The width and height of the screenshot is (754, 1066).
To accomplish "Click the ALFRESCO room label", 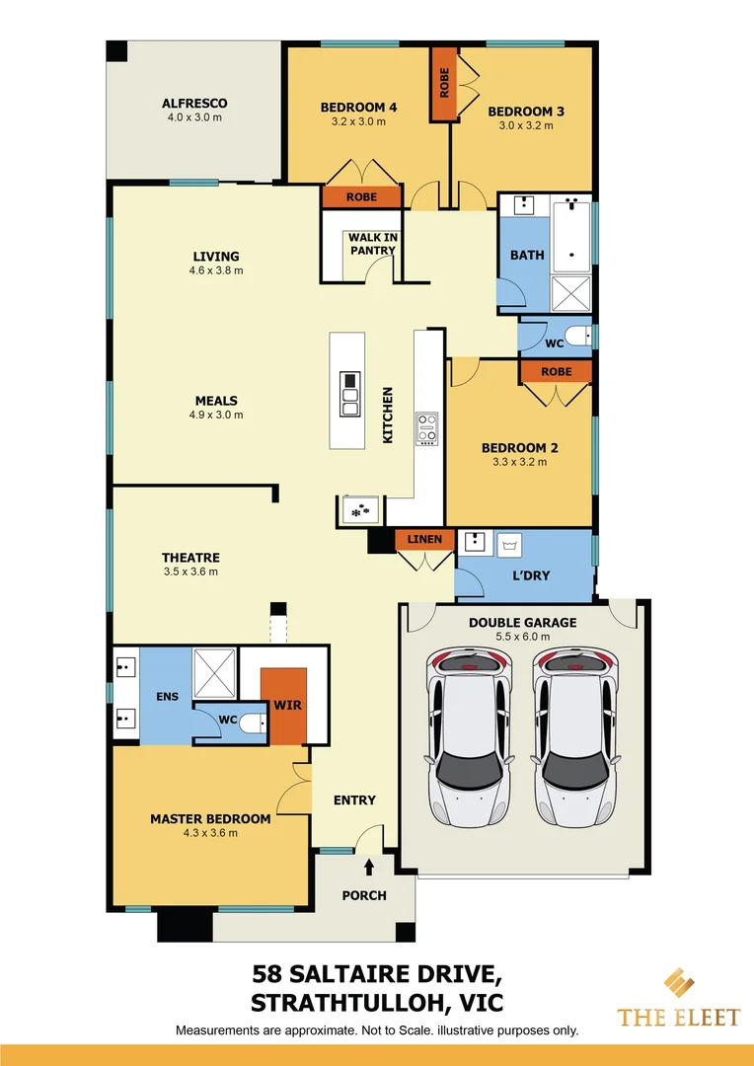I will pyautogui.click(x=194, y=103).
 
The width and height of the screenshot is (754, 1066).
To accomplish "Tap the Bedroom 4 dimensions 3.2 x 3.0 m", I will pyautogui.click(x=358, y=122).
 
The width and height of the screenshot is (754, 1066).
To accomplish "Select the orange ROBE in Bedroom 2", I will pyautogui.click(x=556, y=372).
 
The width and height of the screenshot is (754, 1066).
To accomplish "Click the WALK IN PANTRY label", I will pyautogui.click(x=371, y=244).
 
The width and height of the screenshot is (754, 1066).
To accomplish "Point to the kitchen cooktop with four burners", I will pyautogui.click(x=427, y=427).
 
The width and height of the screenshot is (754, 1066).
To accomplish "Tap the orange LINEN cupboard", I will pyautogui.click(x=424, y=539).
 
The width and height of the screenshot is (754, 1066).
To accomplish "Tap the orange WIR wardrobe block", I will pyautogui.click(x=284, y=705).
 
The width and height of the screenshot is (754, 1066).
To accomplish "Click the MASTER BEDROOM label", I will pyautogui.click(x=210, y=818).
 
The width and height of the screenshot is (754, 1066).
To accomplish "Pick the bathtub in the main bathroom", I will pyautogui.click(x=570, y=235).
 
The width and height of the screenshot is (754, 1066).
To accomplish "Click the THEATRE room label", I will pyautogui.click(x=190, y=558).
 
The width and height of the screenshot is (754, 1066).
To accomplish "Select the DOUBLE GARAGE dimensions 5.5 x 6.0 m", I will pyautogui.click(x=522, y=637).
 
